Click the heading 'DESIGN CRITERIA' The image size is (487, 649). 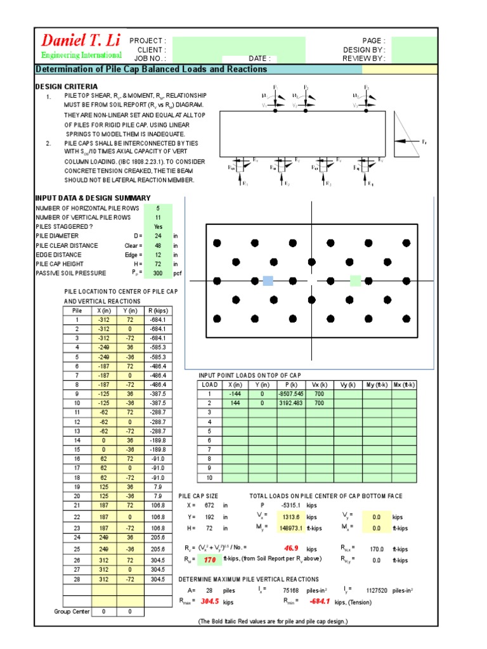67,86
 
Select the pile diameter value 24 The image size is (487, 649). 158,236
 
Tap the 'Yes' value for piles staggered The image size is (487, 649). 158,227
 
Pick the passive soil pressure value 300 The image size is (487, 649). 158,273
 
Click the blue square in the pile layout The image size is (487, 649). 268,281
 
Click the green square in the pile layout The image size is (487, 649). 355,281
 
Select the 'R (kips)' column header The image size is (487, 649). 157,311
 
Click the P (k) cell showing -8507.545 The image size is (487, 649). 291,394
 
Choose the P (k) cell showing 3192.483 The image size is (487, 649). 291,402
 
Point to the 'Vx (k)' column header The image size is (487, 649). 320,385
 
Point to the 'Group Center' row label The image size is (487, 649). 72,612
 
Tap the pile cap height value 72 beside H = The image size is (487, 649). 207,527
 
